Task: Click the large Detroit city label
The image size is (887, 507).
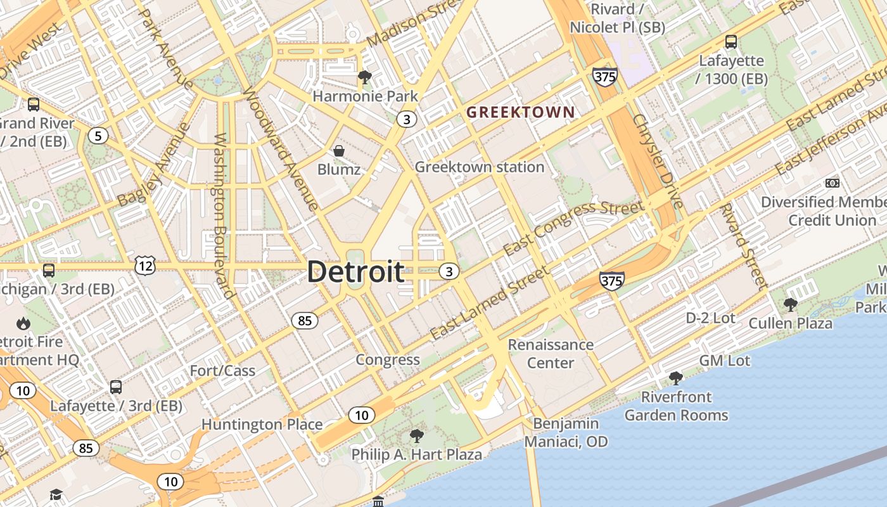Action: coord(355,272)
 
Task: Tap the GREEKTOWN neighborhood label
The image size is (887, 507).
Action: coord(521,113)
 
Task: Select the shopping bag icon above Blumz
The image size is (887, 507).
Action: coord(339,151)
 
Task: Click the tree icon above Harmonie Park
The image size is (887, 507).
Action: coord(364,77)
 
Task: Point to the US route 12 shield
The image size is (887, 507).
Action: coord(145,266)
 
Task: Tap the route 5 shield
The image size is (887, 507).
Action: coord(97,135)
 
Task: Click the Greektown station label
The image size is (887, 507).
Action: coord(479,167)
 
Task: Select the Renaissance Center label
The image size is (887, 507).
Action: coord(551,354)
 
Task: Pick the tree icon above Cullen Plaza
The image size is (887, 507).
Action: coord(790,305)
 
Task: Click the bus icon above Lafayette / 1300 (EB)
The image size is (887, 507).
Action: coord(731,42)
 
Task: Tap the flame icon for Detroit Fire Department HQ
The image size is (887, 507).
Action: coord(23,323)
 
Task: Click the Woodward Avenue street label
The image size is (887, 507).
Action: coord(279,148)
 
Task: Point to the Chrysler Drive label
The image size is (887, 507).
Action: coord(658,162)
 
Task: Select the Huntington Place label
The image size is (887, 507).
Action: coord(262,425)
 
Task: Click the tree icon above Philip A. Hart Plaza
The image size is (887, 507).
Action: coord(416,435)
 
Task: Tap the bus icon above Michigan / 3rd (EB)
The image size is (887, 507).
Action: coord(49,271)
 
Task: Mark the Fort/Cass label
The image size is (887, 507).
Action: coord(222,371)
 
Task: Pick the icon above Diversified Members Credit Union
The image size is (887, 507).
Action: coord(832,183)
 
